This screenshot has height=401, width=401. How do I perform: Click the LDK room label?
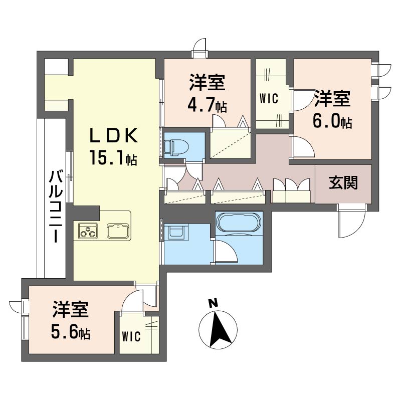click(114, 135)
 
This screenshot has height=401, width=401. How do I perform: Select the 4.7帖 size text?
click(207, 105)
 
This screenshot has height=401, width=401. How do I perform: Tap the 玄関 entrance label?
click(343, 183)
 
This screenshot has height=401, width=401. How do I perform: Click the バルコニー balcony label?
click(56, 207)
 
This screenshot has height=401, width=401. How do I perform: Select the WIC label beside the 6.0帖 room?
click(269, 98)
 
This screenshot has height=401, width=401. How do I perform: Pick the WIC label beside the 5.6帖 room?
click(131, 336)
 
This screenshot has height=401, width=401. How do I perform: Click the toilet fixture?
click(176, 147)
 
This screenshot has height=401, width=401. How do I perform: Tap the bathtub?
click(239, 222)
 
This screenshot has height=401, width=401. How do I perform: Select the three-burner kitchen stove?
click(88, 231)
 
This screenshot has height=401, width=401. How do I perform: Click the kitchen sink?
click(118, 231)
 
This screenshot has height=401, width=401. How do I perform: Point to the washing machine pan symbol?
click(176, 232)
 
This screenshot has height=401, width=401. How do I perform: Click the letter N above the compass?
click(213, 303)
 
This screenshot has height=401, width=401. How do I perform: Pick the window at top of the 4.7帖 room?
click(199, 54)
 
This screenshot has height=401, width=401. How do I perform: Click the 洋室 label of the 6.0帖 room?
click(332, 98)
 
